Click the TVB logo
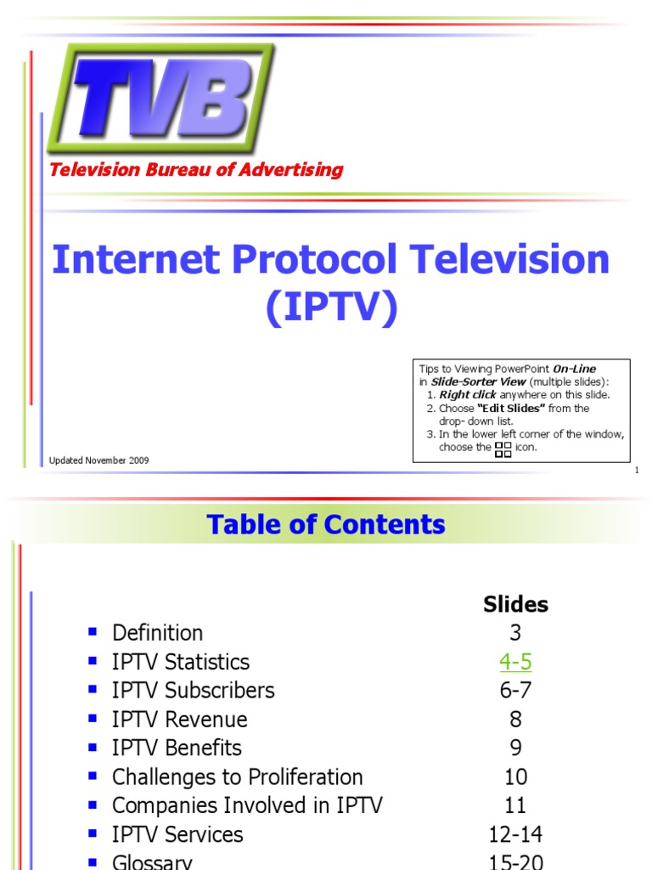click(x=162, y=97)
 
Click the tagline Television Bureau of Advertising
click(x=196, y=169)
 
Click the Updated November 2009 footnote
click(x=99, y=460)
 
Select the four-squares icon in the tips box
click(x=503, y=449)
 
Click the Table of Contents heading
click(x=326, y=524)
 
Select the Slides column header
click(x=515, y=604)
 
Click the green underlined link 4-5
click(x=515, y=662)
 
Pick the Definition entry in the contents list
click(x=157, y=633)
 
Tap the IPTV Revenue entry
click(x=179, y=720)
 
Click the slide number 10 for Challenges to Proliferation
click(x=515, y=777)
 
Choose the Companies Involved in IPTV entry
click(x=247, y=805)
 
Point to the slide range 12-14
click(x=515, y=834)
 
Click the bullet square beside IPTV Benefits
click(x=93, y=747)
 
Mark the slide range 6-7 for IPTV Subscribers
click(x=515, y=691)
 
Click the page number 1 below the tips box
click(x=636, y=472)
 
